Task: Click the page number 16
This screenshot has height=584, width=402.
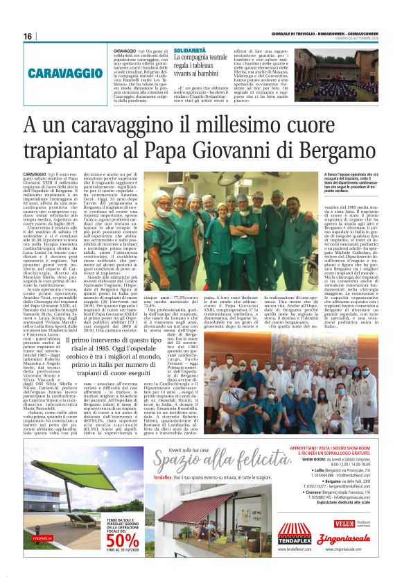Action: [x=28, y=36]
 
